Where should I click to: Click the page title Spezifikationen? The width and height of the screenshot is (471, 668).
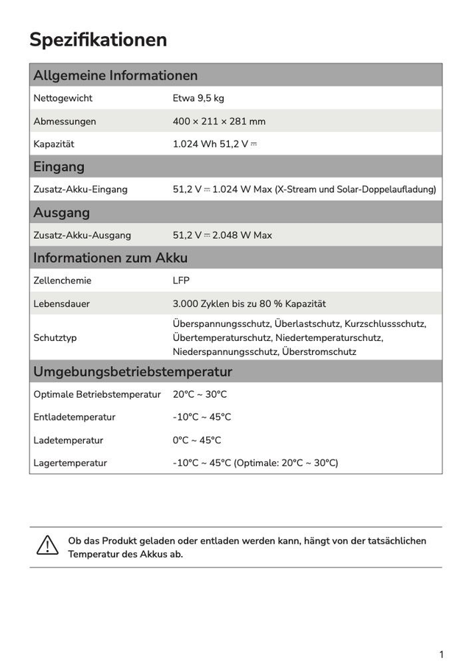click(x=98, y=40)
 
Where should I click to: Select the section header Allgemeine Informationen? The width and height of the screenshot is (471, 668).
click(x=116, y=75)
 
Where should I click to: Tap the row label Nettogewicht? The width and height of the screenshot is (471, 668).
click(x=63, y=98)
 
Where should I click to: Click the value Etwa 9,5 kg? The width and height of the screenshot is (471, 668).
click(x=198, y=98)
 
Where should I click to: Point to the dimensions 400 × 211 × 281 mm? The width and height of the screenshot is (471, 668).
click(x=219, y=122)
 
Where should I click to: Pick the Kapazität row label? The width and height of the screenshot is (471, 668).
click(x=54, y=144)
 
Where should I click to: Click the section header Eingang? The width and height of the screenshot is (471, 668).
click(x=59, y=166)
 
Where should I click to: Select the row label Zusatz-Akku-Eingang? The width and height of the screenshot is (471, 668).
click(x=80, y=189)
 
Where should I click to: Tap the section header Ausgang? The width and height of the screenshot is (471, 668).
click(x=61, y=213)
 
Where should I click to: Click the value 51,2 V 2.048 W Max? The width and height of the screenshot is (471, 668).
click(x=222, y=235)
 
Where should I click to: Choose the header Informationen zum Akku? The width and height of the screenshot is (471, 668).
click(x=110, y=258)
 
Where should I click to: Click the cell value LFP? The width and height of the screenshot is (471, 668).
click(x=181, y=281)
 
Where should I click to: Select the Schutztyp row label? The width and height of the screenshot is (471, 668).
click(x=54, y=337)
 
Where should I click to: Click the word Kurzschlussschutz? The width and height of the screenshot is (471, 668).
click(x=385, y=323)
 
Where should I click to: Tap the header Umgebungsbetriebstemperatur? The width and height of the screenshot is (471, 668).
click(x=132, y=371)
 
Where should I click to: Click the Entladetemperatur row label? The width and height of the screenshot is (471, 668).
click(x=74, y=417)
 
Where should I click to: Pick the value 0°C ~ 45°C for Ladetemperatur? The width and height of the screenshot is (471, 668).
click(x=196, y=440)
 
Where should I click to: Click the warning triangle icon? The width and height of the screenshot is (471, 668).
click(x=47, y=545)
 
